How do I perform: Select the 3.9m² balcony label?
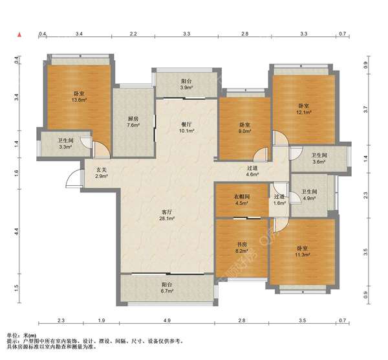(186, 84)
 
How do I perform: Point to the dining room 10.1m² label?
(186, 128)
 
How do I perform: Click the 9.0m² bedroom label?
(244, 128)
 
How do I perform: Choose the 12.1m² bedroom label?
(304, 109)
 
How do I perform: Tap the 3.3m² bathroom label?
(65, 144)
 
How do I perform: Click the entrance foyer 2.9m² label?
(102, 173)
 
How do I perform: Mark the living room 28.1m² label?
(167, 215)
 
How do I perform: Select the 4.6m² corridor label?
(252, 171)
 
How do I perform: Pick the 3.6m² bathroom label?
(319, 159)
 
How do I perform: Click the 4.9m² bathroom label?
(309, 195)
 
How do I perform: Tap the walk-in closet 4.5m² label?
(242, 200)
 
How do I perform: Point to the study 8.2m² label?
(242, 248)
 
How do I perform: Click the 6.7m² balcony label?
(167, 287)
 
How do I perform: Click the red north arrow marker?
(19, 35)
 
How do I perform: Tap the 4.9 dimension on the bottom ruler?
(167, 321)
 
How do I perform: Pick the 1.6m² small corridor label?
(279, 199)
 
